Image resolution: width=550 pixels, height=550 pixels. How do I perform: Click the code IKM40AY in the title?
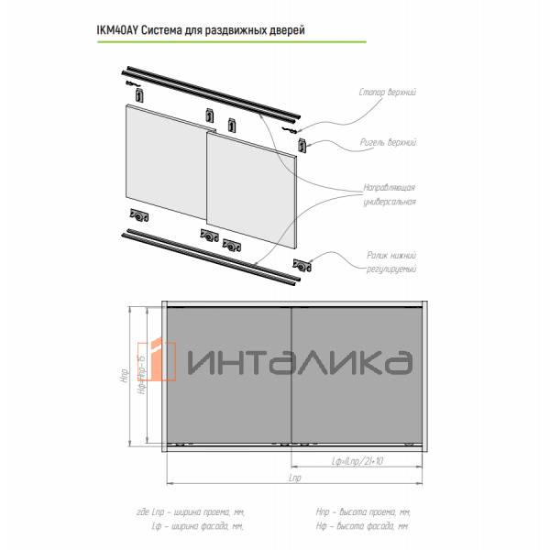pos(117,29)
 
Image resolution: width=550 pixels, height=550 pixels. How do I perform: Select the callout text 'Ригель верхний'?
pos(389,144)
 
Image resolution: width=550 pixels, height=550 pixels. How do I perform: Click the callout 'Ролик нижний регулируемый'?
pos(389,261)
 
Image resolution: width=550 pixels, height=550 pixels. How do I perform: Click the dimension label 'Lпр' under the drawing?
pos(295,479)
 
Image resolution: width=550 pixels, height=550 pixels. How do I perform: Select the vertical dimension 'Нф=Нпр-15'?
pos(141,376)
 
